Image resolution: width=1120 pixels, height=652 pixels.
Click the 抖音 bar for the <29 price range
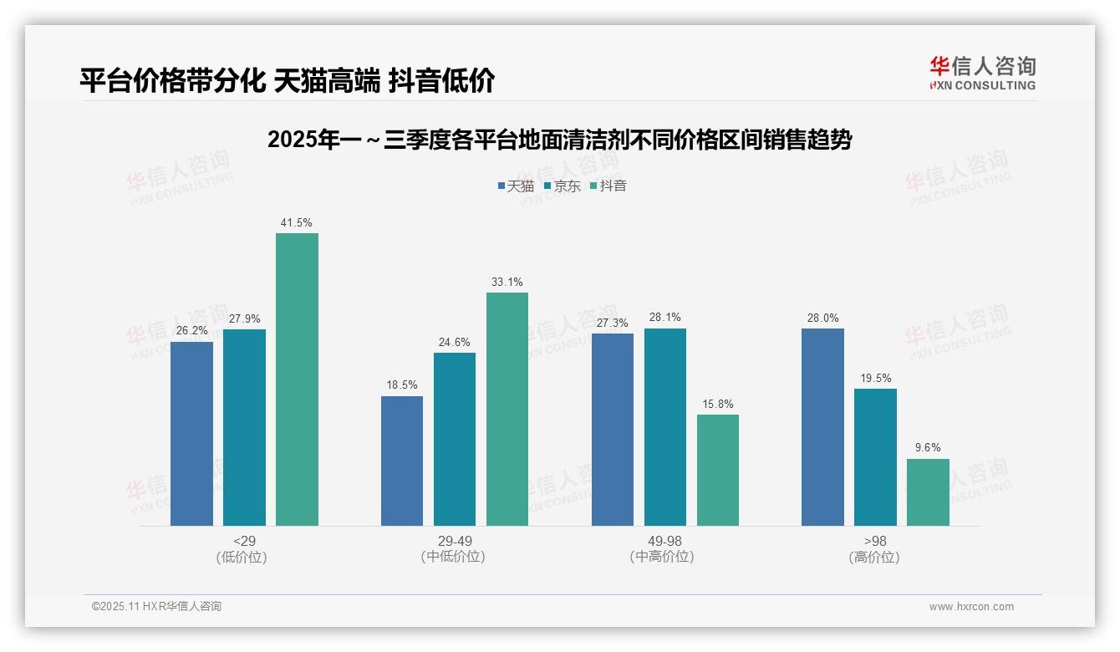[297, 379]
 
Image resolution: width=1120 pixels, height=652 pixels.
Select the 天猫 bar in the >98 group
[822, 427]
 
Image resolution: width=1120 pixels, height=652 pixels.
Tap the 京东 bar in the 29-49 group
[454, 439]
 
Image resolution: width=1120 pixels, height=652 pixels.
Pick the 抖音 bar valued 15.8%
[717, 470]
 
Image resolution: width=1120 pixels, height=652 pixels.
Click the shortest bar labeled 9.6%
[928, 492]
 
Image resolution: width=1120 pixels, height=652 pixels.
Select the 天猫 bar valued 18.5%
[402, 461]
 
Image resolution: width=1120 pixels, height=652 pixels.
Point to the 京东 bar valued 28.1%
[664, 427]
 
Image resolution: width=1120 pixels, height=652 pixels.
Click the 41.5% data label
[297, 222]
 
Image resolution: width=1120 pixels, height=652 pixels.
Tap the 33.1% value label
[507, 282]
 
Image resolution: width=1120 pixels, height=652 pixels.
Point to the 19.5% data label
[875, 378]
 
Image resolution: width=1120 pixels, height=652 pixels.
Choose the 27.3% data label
[613, 323]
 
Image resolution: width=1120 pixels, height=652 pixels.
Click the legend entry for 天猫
[516, 186]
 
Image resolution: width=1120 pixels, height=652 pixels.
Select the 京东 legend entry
[562, 186]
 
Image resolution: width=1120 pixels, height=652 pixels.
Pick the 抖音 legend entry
[608, 186]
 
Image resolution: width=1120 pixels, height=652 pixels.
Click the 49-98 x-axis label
[664, 541]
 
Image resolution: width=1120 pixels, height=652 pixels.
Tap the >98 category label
[875, 541]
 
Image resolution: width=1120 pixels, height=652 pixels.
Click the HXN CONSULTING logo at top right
[982, 74]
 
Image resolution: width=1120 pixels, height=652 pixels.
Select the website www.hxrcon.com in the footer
[971, 607]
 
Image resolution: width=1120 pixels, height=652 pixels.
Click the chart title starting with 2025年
[559, 140]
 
